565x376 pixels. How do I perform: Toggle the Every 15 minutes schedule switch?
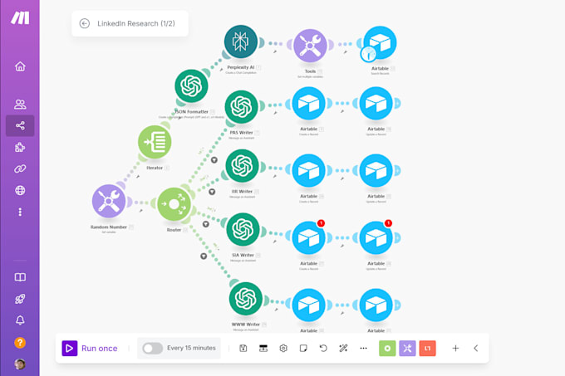tap(152, 349)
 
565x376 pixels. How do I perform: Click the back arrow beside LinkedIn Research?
tap(84, 23)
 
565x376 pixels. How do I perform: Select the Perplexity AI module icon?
tap(241, 42)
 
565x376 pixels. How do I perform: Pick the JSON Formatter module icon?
tap(191, 86)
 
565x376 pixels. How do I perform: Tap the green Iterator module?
tap(155, 143)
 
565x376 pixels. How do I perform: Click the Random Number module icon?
tap(109, 201)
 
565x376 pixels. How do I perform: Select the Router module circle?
tap(174, 203)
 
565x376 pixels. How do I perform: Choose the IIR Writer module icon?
tap(241, 166)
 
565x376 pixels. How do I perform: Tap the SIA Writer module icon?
tap(242, 230)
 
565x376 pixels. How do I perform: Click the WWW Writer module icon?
tap(245, 299)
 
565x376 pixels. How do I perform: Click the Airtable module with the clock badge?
tap(379, 43)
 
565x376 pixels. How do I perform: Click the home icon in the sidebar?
tap(20, 66)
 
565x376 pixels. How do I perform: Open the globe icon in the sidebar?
tap(20, 190)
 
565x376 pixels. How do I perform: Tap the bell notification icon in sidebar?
tap(20, 320)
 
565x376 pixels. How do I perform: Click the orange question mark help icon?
tap(20, 342)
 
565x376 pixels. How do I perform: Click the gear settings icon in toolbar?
tap(283, 349)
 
